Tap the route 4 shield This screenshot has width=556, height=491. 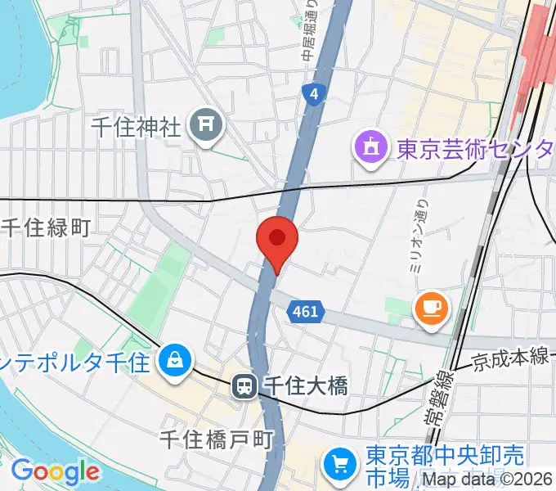(313, 94)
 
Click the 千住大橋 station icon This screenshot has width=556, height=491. (244, 385)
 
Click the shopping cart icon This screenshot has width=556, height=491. (341, 465)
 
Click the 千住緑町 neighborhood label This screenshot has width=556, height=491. (45, 228)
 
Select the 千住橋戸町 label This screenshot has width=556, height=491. (215, 441)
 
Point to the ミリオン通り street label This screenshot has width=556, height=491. (419, 237)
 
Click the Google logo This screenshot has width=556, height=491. (55, 471)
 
